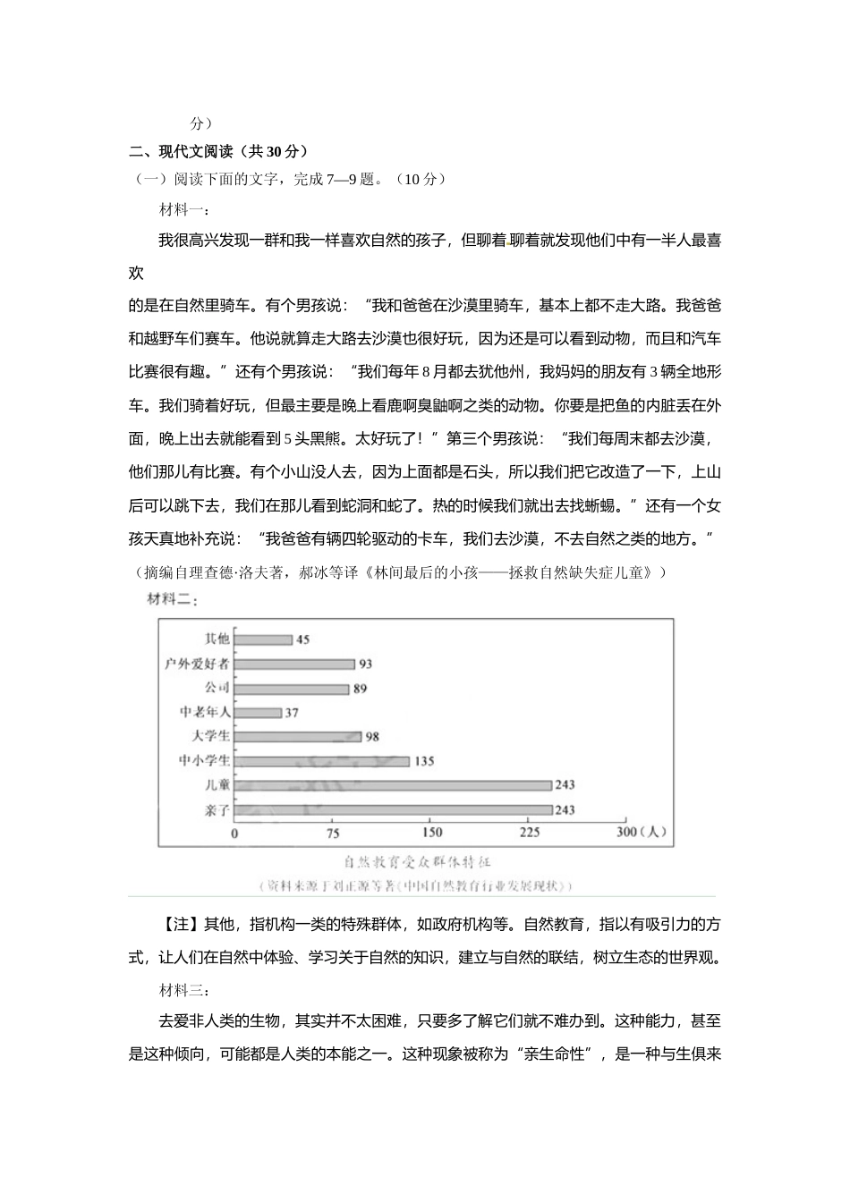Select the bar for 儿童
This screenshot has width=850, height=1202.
tap(394, 785)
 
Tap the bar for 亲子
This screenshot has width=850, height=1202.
tap(394, 810)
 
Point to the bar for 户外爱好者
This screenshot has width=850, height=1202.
tap(294, 664)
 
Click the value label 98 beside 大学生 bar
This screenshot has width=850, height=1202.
tap(373, 737)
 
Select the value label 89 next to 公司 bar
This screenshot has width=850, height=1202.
tap(360, 689)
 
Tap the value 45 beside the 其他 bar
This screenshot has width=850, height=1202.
tap(302, 639)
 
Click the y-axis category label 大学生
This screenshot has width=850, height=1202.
tap(212, 736)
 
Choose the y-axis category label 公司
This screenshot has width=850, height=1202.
tap(217, 688)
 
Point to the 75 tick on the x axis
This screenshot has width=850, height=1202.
tap(333, 833)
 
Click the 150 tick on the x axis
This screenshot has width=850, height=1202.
tap(432, 833)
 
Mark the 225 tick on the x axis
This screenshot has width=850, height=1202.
tap(530, 833)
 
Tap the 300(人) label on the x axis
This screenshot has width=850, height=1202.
tap(642, 833)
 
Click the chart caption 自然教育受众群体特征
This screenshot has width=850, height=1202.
tap(418, 862)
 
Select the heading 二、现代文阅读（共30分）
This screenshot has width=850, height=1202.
tap(218, 151)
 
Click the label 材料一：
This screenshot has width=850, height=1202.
tap(184, 210)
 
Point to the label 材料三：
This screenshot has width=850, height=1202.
tap(184, 991)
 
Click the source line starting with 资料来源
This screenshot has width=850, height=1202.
tap(417, 886)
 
